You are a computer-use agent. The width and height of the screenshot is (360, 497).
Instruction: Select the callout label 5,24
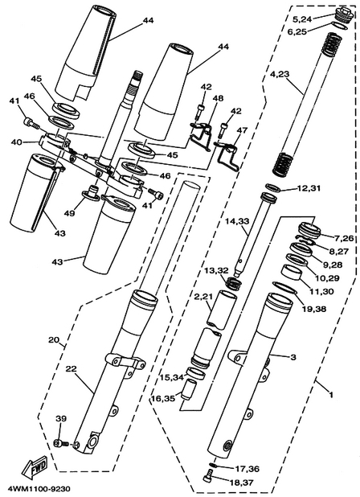click(x=302, y=20)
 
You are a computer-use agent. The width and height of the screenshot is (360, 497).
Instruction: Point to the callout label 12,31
click(x=309, y=188)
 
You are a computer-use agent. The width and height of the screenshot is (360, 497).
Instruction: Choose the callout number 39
click(x=61, y=419)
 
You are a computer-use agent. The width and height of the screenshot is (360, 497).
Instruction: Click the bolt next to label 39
click(x=62, y=443)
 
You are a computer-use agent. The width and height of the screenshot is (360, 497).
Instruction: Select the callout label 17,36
click(x=247, y=469)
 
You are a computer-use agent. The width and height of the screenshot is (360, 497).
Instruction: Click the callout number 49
click(x=70, y=213)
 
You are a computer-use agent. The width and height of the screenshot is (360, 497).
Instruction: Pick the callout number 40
click(x=16, y=142)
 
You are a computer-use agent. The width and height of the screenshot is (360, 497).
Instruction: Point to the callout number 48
click(x=218, y=98)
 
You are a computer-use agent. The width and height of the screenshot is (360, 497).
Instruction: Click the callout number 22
click(x=72, y=369)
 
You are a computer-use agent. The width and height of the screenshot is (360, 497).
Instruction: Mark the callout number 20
click(x=54, y=340)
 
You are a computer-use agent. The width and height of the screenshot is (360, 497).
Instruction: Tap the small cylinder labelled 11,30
click(x=291, y=273)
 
